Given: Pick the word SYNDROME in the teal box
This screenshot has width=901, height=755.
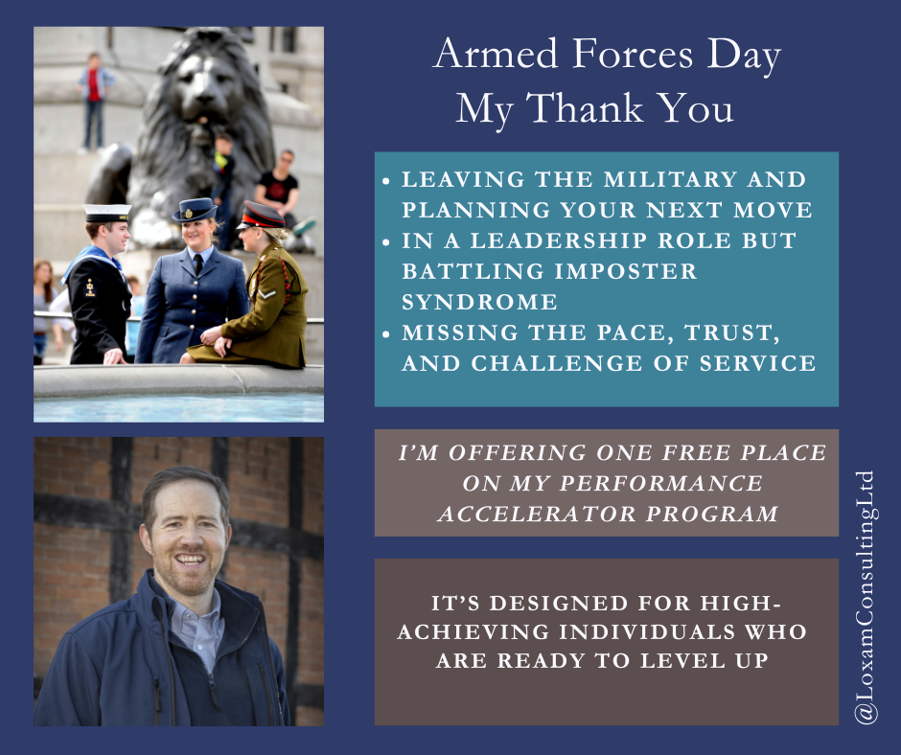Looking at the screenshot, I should [x=479, y=302].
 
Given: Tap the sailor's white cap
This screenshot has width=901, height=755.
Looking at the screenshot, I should [x=106, y=211].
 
